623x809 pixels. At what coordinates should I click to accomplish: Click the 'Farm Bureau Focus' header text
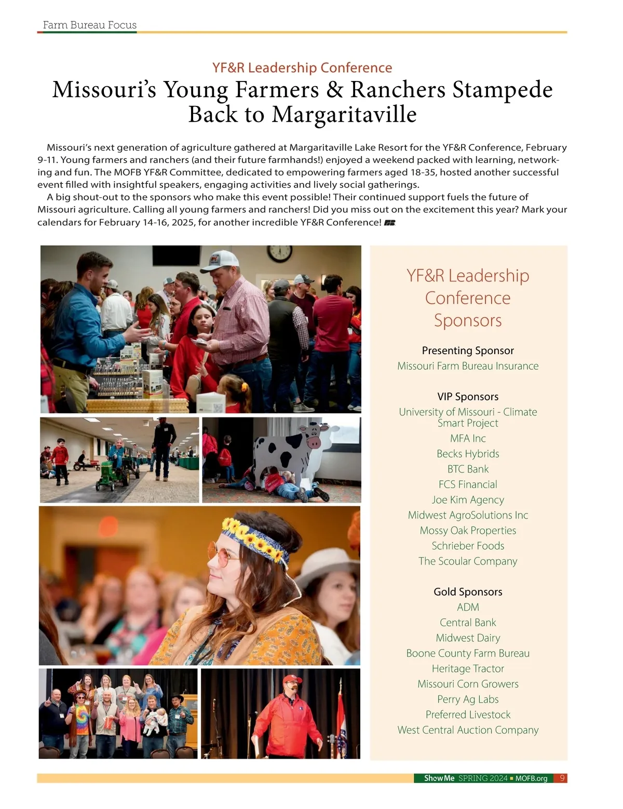89,25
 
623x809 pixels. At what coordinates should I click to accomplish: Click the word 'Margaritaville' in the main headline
344,115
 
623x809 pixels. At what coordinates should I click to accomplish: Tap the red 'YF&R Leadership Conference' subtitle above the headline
302,68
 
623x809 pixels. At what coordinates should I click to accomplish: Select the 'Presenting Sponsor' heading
468,350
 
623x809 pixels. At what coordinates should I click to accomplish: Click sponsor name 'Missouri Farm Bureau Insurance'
468,366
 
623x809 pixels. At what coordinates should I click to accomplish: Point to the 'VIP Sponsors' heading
468,397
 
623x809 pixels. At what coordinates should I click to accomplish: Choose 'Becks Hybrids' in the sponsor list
468,454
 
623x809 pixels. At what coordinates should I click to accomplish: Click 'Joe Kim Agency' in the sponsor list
468,500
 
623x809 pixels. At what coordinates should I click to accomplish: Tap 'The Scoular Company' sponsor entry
468,561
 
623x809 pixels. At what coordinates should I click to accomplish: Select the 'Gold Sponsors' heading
468,592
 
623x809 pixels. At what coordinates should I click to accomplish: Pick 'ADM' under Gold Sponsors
468,607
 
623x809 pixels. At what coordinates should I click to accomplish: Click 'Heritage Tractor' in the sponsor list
468,669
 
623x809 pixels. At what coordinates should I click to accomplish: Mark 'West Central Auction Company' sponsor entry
468,730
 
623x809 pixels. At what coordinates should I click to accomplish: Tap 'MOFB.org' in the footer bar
531,778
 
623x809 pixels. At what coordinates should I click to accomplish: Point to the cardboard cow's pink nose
314,442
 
